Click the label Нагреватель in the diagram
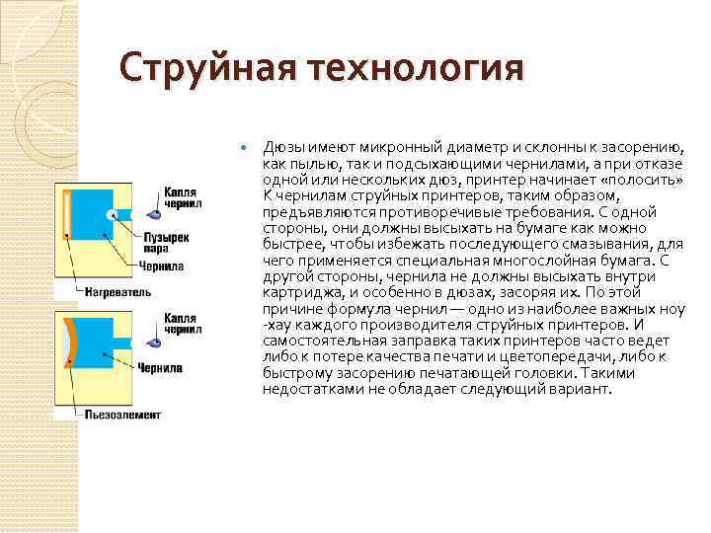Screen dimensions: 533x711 click(118, 293)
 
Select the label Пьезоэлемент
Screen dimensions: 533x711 click(121, 415)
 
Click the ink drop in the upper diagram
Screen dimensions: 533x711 click(155, 213)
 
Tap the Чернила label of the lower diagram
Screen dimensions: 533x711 click(161, 368)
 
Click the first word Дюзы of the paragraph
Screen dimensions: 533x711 click(281, 148)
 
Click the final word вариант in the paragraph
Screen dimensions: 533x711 click(585, 389)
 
